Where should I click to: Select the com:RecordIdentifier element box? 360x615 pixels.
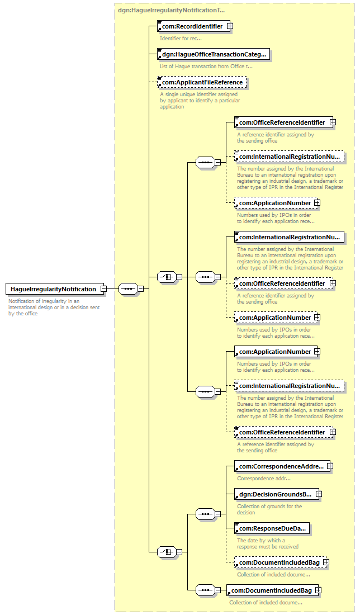pyautogui.click(x=191, y=26)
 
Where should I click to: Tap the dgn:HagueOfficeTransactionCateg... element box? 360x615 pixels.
pyautogui.click(x=214, y=54)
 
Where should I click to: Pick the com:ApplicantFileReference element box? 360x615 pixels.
pyautogui.click(x=202, y=82)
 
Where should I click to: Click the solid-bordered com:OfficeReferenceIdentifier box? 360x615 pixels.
pyautogui.click(x=282, y=122)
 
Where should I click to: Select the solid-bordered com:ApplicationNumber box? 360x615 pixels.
pyautogui.click(x=274, y=352)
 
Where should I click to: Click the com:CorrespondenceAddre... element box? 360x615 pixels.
pyautogui.click(x=281, y=466)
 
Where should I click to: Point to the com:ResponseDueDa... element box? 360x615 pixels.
pyautogui.click(x=272, y=528)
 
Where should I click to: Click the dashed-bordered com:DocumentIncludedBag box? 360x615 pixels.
pyautogui.click(x=280, y=562)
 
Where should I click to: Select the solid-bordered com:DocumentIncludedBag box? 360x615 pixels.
pyautogui.click(x=272, y=590)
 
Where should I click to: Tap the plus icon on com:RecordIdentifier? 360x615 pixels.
pyautogui.click(x=230, y=26)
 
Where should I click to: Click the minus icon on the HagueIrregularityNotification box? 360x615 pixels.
pyautogui.click(x=103, y=289)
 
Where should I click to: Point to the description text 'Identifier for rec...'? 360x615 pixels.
pyautogui.click(x=181, y=38)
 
